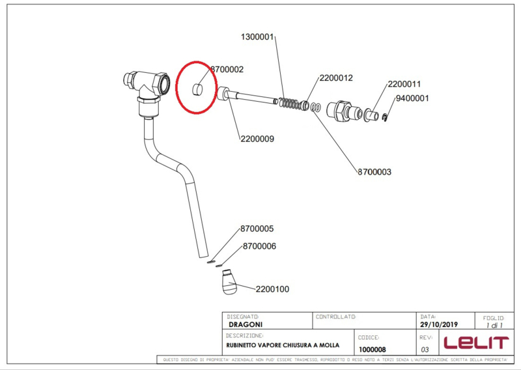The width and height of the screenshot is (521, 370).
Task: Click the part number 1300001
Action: tap(259, 36)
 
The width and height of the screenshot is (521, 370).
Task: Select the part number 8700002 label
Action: tap(227, 68)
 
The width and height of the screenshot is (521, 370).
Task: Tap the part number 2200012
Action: tap(336, 78)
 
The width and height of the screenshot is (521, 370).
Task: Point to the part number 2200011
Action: tap(404, 84)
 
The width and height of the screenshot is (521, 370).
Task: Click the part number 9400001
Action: tap(412, 99)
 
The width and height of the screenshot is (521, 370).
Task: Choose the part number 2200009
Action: tap(257, 138)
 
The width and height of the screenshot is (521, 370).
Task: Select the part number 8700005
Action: tap(257, 229)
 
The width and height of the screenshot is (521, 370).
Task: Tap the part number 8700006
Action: tap(259, 246)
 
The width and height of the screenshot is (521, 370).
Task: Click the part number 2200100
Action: tap(272, 289)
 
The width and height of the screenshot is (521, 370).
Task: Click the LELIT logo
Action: tap(475, 342)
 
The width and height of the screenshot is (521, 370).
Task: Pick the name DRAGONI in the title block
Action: tap(245, 324)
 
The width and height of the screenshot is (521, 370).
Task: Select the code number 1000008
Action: tap(373, 349)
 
